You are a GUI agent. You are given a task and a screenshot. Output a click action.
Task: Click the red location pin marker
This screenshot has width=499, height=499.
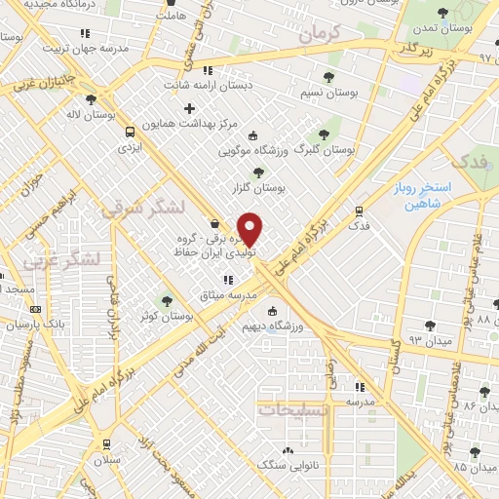(250, 229)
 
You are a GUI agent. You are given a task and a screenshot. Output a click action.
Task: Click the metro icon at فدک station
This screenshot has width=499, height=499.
(360, 211)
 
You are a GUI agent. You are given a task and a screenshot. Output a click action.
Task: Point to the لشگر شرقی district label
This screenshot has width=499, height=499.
(134, 206)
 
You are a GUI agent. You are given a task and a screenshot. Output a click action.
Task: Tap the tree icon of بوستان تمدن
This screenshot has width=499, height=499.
(443, 13)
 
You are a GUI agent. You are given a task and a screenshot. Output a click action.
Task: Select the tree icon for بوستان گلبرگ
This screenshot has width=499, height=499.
(325, 134)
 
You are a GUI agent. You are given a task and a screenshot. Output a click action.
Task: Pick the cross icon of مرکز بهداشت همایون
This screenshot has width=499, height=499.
(189, 107)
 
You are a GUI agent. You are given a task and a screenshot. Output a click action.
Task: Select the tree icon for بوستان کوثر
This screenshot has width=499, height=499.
(167, 301)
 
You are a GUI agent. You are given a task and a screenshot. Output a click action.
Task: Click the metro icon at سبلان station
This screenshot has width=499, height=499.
(105, 443)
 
